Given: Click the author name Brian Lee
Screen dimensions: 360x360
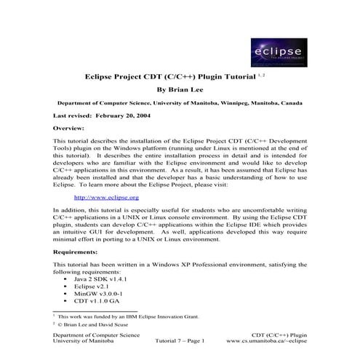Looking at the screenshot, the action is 180,89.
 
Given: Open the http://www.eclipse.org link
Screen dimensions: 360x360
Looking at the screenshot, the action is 107,197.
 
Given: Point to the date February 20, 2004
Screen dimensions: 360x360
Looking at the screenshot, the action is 139,116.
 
